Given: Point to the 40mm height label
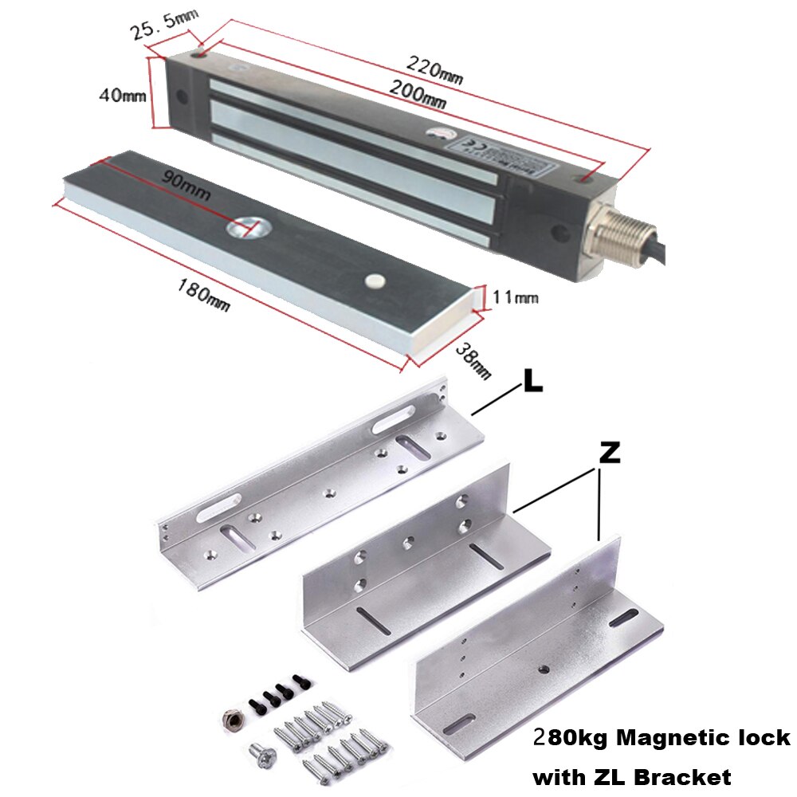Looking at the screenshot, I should pyautogui.click(x=122, y=95).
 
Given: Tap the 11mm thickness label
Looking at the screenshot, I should pyautogui.click(x=515, y=297).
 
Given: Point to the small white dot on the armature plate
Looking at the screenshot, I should pyautogui.click(x=371, y=281).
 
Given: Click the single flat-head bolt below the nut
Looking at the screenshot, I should pyautogui.click(x=261, y=748).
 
